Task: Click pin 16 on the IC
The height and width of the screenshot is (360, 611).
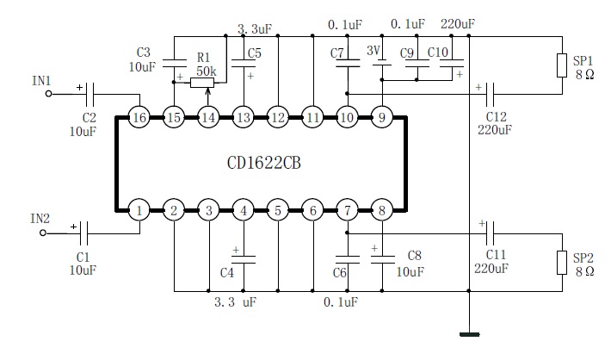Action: (139, 117)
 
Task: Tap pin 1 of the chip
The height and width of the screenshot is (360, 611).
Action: (139, 209)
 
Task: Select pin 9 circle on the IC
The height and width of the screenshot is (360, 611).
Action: (381, 117)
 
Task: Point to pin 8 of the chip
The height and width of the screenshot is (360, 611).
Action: (381, 209)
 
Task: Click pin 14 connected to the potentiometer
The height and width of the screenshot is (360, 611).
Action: (208, 117)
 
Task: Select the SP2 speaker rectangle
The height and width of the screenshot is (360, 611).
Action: (564, 264)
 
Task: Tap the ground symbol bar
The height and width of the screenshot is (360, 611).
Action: (469, 333)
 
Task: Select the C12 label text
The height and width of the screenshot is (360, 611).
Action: (497, 115)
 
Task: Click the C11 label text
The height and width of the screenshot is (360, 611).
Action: (497, 255)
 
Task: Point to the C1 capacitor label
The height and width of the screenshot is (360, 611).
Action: (82, 256)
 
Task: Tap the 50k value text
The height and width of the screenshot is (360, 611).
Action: (206, 70)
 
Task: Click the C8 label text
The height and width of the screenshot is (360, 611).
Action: (414, 255)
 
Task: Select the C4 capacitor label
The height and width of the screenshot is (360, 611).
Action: (228, 273)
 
